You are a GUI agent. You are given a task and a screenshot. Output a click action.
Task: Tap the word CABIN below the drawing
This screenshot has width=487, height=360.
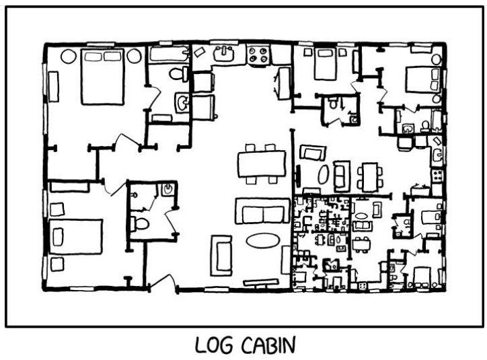(x=268, y=345)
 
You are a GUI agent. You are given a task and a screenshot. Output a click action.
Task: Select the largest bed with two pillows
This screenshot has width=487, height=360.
(x=102, y=77)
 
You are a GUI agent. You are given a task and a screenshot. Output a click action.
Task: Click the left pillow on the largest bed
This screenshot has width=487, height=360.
(x=93, y=57)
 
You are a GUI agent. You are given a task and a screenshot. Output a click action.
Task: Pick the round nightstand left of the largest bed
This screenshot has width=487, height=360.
(x=69, y=57)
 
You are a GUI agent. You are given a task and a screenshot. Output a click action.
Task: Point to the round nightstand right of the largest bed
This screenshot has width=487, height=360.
(x=134, y=57)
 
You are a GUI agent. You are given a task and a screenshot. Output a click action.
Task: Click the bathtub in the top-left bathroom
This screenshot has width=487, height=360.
(x=170, y=54)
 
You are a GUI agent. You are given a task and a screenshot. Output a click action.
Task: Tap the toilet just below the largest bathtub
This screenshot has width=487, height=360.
(x=178, y=74)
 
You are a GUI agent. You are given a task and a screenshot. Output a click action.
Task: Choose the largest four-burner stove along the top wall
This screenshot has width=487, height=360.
(x=258, y=55)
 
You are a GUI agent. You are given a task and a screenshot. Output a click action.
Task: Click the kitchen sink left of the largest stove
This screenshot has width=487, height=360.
(x=223, y=54)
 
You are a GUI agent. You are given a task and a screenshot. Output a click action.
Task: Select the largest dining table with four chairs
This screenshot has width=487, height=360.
(x=262, y=164)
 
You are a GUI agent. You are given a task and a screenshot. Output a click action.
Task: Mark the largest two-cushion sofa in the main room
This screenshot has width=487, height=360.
(x=263, y=211)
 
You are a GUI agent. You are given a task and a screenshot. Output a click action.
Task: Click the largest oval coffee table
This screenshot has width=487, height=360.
(x=263, y=241)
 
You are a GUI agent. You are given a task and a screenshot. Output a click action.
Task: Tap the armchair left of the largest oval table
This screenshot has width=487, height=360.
(x=221, y=255)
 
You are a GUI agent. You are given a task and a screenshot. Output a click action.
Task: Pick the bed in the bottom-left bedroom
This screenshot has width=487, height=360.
(x=76, y=237)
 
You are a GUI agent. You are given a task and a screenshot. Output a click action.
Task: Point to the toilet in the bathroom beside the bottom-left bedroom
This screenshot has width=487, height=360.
(x=140, y=223)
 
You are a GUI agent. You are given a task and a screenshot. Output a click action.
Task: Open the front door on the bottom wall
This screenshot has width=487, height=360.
(x=163, y=282)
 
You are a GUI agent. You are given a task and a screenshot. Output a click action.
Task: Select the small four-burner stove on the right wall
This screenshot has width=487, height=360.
(x=438, y=176)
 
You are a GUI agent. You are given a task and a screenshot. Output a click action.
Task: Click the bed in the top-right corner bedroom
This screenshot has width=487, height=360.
(x=422, y=79)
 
